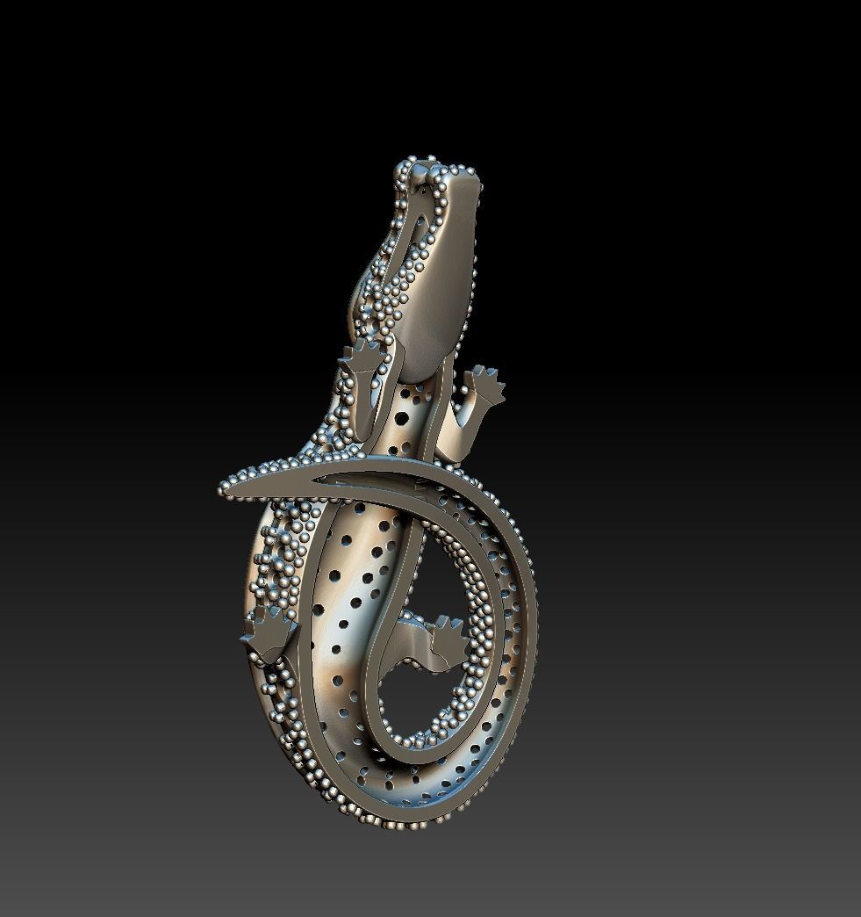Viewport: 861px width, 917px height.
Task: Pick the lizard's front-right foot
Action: (485, 386)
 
